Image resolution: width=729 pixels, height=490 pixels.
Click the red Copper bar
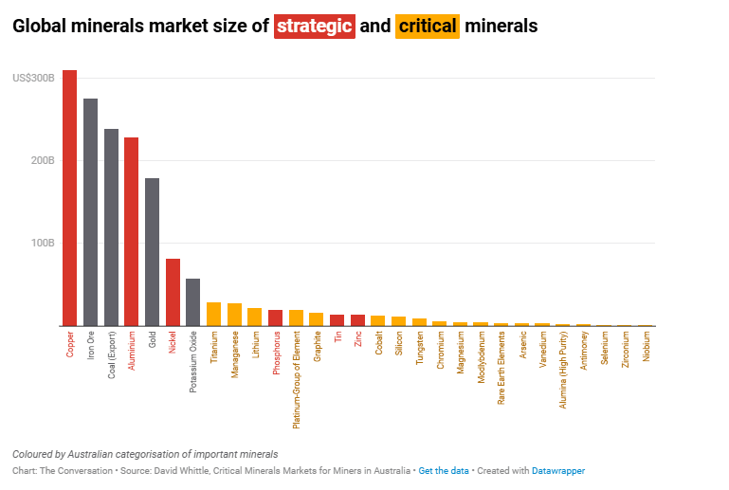point(70,198)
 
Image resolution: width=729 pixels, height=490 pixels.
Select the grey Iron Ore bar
point(91,212)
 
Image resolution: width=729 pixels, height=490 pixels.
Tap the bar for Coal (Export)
point(111,227)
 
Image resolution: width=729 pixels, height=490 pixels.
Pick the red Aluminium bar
point(132,232)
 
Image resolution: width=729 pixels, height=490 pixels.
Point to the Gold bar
point(152,252)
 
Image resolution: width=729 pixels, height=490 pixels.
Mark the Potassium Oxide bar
point(193,302)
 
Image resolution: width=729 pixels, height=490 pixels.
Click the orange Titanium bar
point(213,315)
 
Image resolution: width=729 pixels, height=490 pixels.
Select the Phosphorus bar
point(275,318)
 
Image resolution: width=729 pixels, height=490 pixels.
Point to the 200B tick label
point(42,160)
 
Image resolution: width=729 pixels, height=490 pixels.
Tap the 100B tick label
point(42,243)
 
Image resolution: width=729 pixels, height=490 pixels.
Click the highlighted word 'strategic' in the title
point(315,26)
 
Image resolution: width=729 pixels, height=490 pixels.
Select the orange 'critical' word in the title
point(428,26)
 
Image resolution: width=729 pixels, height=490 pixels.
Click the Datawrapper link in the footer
point(557,471)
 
